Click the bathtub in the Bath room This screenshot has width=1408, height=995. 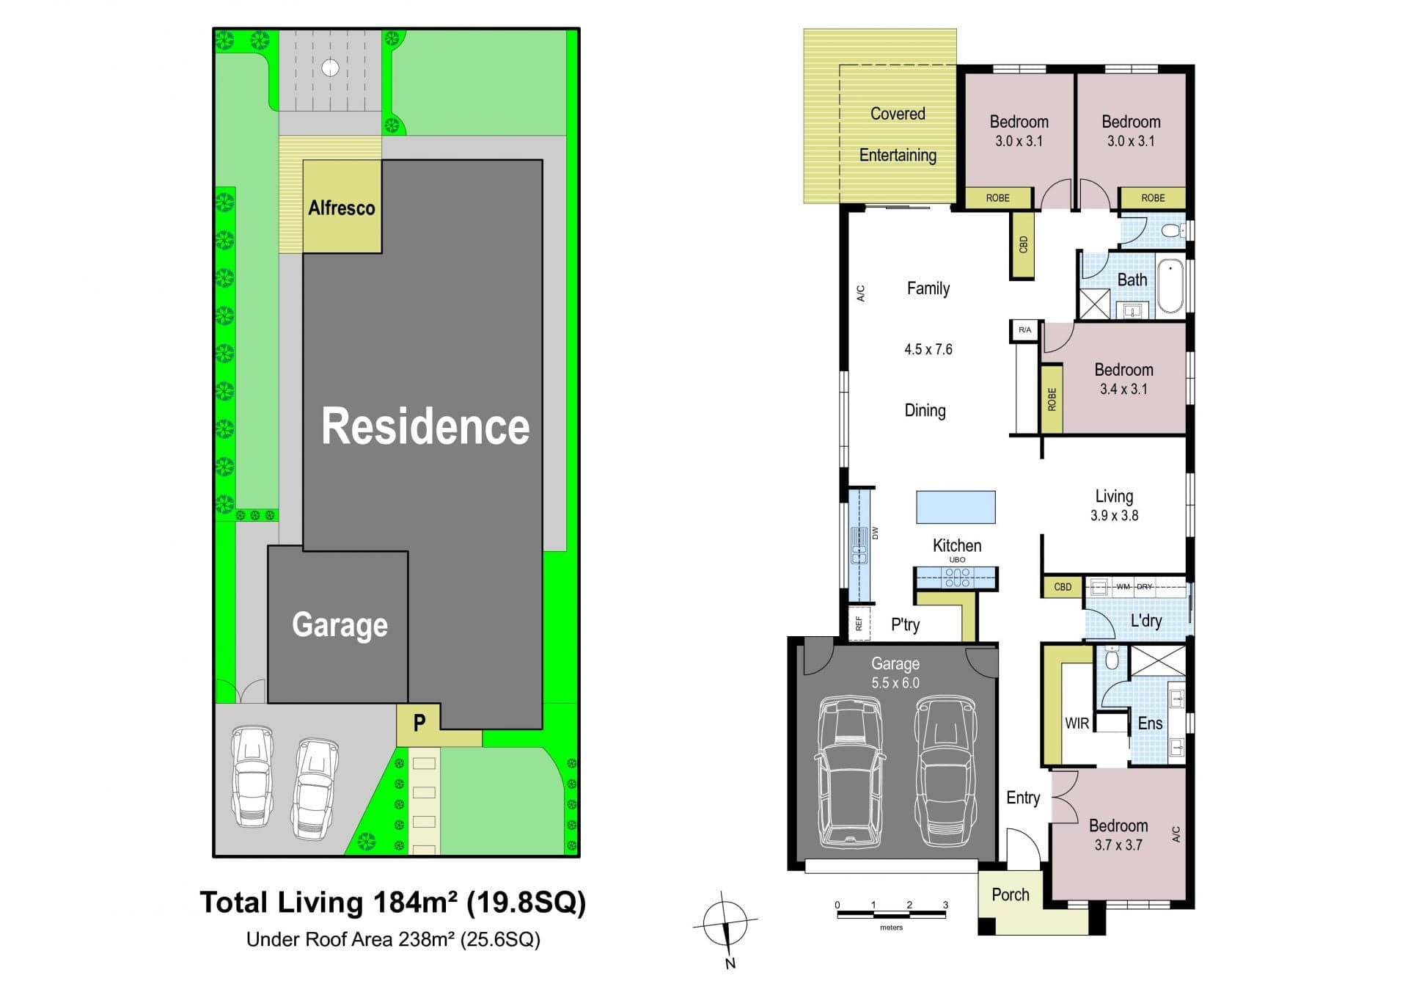click(1170, 286)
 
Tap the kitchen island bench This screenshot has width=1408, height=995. click(956, 507)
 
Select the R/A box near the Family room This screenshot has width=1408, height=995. click(1024, 330)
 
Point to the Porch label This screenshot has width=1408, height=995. click(1011, 894)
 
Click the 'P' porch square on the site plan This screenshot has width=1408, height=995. click(418, 724)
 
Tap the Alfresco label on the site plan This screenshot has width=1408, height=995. click(341, 208)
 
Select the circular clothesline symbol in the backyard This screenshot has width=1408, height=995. click(331, 68)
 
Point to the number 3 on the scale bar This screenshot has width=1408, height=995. click(945, 905)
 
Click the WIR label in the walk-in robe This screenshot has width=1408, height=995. click(1077, 724)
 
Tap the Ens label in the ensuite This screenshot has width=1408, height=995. click(1150, 724)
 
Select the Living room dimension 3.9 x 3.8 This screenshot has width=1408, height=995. click(1114, 515)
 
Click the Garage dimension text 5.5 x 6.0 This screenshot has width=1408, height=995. click(895, 682)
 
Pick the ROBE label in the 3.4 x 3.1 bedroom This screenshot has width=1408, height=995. click(1052, 399)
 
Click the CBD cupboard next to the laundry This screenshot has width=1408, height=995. click(1063, 587)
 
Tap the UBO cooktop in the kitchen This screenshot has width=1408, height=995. click(957, 577)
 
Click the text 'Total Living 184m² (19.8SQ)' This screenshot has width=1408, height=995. click(393, 903)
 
